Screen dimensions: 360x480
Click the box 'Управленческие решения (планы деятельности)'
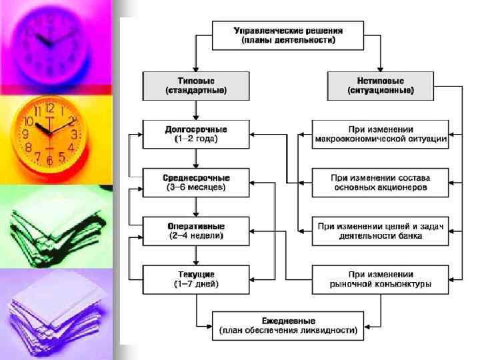pos(289,35)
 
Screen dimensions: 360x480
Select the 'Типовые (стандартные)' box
pos(195,85)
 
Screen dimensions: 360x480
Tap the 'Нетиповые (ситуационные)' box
pos(380,85)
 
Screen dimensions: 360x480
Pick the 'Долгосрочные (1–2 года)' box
pos(195,134)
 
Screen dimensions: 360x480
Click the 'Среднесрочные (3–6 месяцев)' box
pos(195,183)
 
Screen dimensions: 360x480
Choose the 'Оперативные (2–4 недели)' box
pos(195,231)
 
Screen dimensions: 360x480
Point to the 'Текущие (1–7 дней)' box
pos(195,279)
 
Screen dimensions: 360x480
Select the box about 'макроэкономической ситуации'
pos(381,134)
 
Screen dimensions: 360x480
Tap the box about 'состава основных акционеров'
pos(381,183)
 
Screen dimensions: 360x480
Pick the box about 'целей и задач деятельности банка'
pos(381,231)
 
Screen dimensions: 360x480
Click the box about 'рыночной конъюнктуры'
pos(381,279)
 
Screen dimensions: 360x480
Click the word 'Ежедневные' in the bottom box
pos(288,321)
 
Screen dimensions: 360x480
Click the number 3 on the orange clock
pos(74,133)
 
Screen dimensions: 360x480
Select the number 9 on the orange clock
pos(25,134)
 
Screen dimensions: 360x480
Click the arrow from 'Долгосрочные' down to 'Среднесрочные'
pos(195,158)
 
